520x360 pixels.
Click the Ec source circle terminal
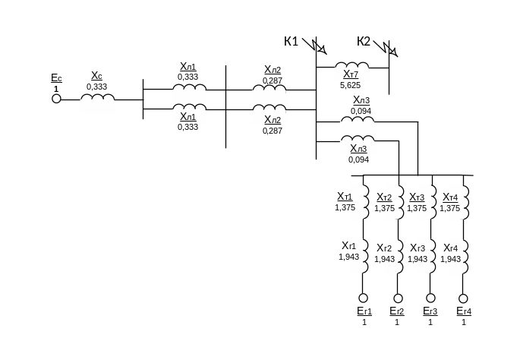(x=56, y=98)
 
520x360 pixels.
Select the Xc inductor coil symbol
(x=97, y=104)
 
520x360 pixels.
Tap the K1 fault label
(x=292, y=41)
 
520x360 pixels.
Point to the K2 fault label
(x=364, y=41)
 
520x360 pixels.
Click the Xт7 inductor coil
(x=352, y=71)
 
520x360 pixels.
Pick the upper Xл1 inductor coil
(x=189, y=94)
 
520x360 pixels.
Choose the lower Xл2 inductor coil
(x=269, y=115)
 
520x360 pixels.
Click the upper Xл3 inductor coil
(x=358, y=125)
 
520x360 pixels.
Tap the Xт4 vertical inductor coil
(x=459, y=201)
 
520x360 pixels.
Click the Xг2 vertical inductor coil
(x=393, y=256)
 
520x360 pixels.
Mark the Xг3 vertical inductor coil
(x=427, y=256)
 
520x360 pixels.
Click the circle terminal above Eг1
(x=363, y=298)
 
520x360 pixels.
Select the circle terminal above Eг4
(x=463, y=298)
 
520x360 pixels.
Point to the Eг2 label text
(x=396, y=311)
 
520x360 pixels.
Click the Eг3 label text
(x=430, y=311)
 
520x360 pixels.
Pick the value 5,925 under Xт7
(x=351, y=86)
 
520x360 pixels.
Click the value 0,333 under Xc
(x=96, y=87)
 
